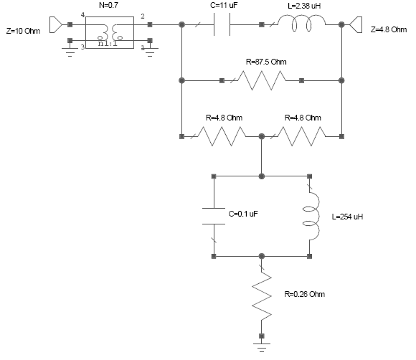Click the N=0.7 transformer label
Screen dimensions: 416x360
pyautogui.click(x=108, y=5)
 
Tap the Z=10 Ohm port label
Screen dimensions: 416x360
pyautogui.click(x=23, y=31)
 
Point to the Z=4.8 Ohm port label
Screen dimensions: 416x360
pyautogui.click(x=389, y=29)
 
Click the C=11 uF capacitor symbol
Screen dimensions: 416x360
pyautogui.click(x=222, y=24)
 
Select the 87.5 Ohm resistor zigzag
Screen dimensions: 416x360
pyautogui.click(x=262, y=80)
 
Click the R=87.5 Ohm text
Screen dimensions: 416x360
pyautogui.click(x=266, y=62)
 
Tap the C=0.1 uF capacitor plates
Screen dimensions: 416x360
pyautogui.click(x=214, y=216)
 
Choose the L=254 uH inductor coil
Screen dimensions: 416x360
pyautogui.click(x=311, y=216)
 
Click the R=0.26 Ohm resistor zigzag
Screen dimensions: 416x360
pyautogui.click(x=262, y=296)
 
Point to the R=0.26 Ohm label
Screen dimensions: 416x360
pyautogui.click(x=305, y=294)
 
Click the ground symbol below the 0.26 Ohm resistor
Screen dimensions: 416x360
pyautogui.click(x=262, y=347)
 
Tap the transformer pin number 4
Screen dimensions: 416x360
pyautogui.click(x=82, y=15)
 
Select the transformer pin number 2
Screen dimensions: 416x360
pyautogui.click(x=143, y=16)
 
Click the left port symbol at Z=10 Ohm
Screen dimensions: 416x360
pyautogui.click(x=56, y=24)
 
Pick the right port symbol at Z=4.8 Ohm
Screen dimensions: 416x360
pyautogui.click(x=356, y=24)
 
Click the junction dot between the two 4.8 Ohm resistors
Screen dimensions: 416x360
pyautogui.click(x=262, y=136)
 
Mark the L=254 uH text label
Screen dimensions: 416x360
pyautogui.click(x=347, y=217)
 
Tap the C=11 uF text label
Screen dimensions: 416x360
pyautogui.click(x=224, y=5)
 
